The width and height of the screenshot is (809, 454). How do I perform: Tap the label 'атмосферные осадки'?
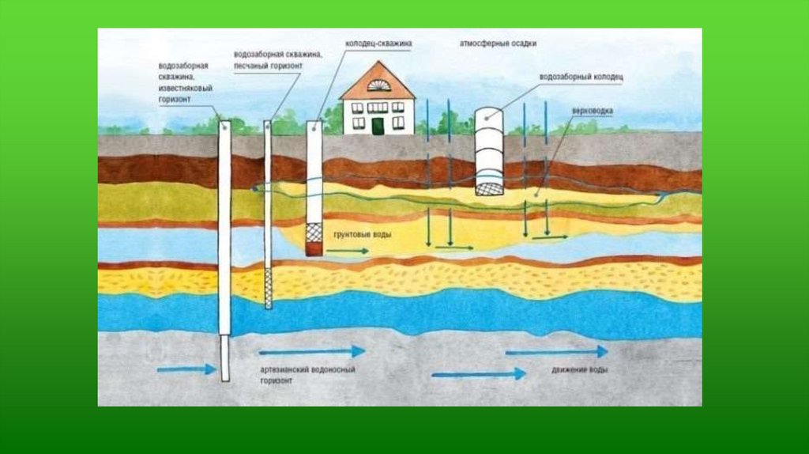(x=499, y=44)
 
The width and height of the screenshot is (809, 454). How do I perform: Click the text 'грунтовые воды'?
(x=363, y=236)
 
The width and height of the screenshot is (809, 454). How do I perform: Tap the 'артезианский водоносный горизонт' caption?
(x=307, y=374)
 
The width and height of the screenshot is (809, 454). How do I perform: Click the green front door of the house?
(x=378, y=125)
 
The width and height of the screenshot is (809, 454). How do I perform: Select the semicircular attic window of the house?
(x=378, y=85)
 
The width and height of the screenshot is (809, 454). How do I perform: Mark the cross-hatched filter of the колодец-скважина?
(x=314, y=233)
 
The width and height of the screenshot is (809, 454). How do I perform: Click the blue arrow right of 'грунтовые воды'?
(x=347, y=251)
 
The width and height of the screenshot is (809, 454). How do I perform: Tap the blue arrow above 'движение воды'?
(x=556, y=351)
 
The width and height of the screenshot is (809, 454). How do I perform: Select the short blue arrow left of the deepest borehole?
(x=186, y=369)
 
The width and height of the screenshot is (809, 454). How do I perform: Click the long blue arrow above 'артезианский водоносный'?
(x=312, y=350)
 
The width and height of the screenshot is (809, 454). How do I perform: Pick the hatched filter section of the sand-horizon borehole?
(x=268, y=286)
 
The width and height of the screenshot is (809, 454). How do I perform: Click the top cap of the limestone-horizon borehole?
(x=224, y=124)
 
